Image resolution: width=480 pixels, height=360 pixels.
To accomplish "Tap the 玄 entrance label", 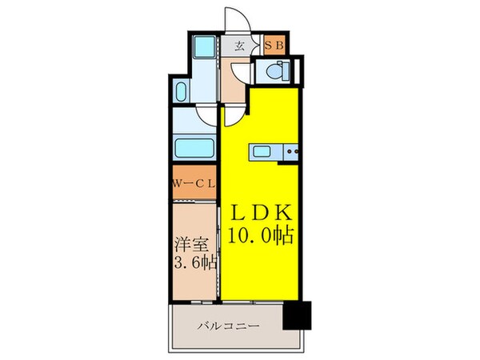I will (239, 46).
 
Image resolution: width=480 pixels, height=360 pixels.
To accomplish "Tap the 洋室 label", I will (189, 244).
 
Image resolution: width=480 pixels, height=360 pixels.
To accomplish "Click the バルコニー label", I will (226, 326).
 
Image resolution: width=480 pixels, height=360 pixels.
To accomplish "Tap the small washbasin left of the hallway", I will (180, 90).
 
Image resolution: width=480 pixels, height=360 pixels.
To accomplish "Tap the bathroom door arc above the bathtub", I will (206, 117).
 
